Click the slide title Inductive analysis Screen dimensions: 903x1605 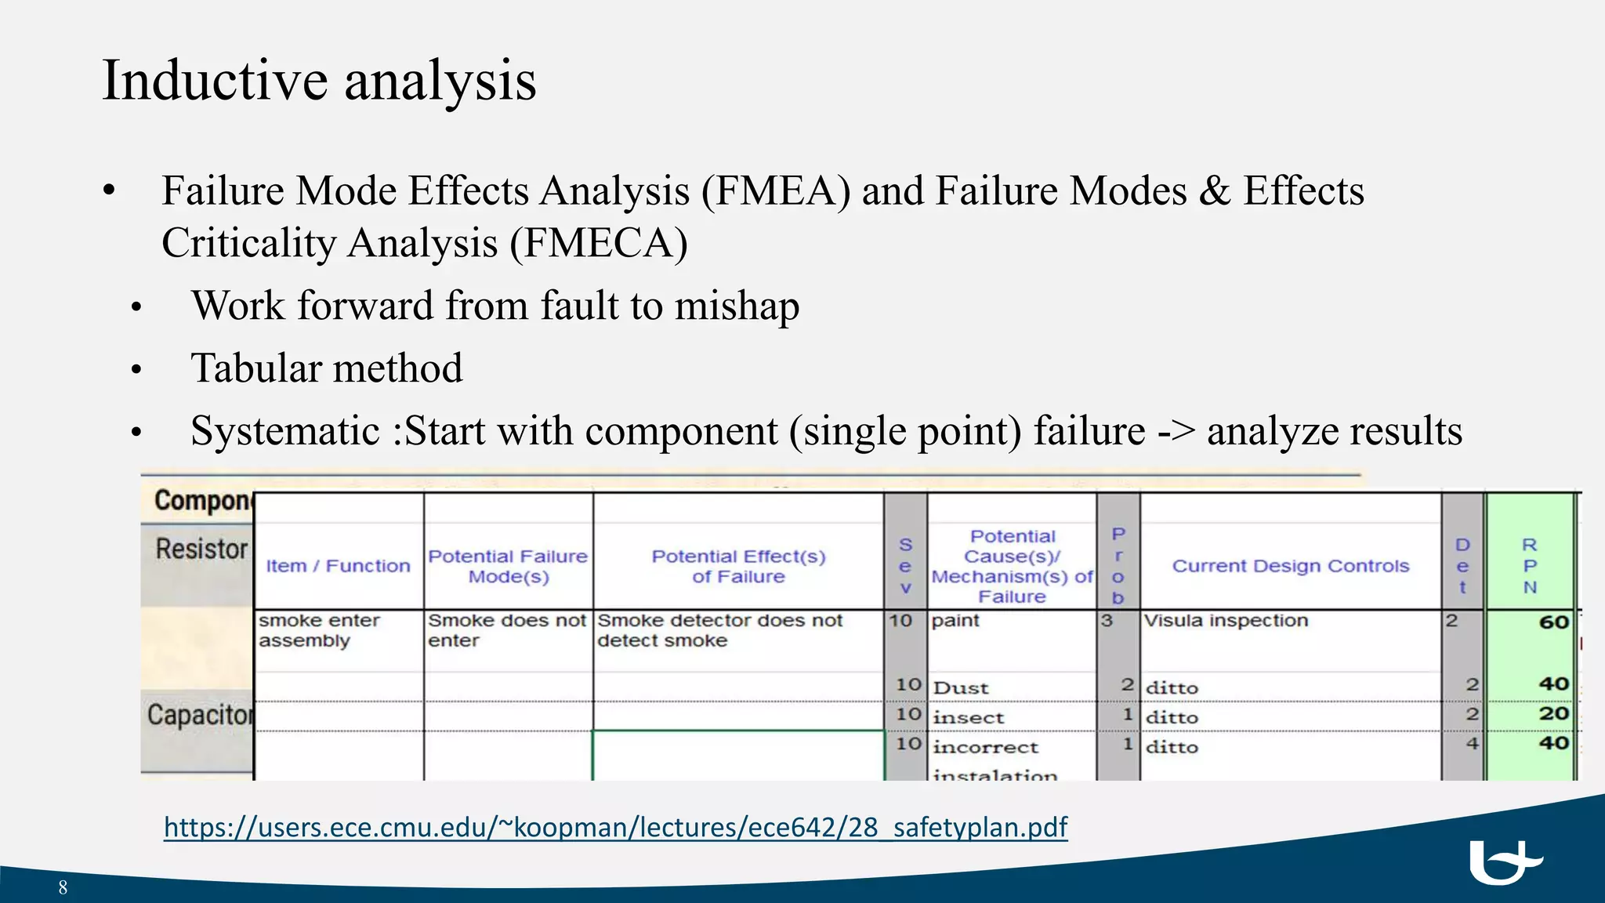(319, 81)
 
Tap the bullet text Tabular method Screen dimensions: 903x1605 (326, 368)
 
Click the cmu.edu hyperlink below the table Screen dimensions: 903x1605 (615, 827)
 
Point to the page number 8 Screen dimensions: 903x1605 (63, 887)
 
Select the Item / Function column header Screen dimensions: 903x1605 (338, 566)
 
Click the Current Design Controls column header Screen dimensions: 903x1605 (1290, 566)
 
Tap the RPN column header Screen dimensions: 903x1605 (1529, 566)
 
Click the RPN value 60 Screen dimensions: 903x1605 (1553, 622)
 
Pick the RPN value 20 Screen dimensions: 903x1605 (1553, 714)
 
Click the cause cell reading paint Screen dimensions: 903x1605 (955, 621)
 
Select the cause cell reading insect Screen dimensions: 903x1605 (968, 718)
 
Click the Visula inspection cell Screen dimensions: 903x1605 (1226, 621)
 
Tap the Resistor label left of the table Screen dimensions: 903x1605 (201, 549)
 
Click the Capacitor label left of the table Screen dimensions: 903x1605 (200, 715)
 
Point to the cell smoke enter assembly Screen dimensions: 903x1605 (319, 630)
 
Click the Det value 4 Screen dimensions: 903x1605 (1472, 743)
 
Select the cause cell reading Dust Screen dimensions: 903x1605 (961, 688)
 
